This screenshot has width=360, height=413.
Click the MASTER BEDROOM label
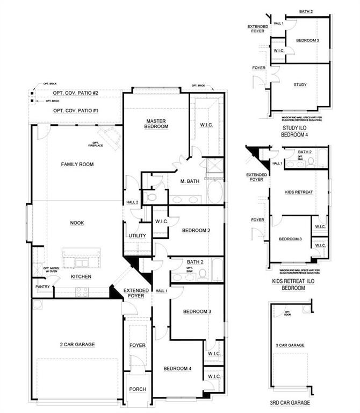tap(157, 123)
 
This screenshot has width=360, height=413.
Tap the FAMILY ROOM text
tap(77, 164)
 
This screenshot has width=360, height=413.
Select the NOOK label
tap(77, 223)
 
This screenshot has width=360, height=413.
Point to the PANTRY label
tap(43, 287)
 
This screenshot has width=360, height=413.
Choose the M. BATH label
tap(189, 181)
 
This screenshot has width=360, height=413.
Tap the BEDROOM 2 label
tap(196, 231)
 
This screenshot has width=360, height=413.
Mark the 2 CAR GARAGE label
tap(77, 344)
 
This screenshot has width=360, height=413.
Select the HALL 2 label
tap(133, 202)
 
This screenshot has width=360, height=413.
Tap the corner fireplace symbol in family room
tap(111, 137)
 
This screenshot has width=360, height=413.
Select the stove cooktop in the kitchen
tap(83, 292)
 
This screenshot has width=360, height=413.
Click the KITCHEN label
tap(81, 276)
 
